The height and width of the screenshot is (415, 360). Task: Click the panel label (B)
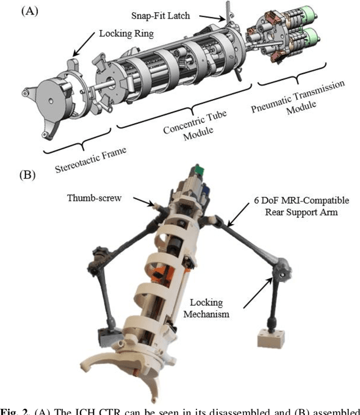point(28,173)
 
